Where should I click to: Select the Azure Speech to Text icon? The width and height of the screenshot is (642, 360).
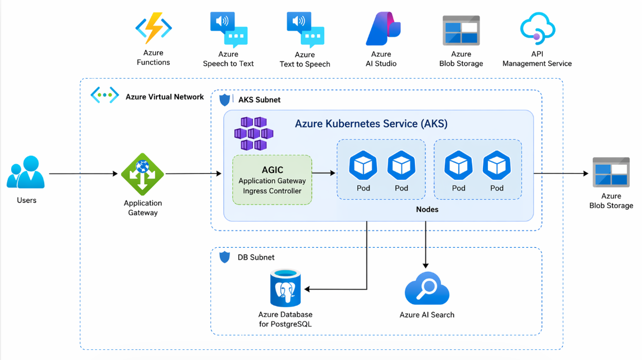point(228,30)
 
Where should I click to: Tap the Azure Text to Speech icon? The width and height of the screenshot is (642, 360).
point(305,30)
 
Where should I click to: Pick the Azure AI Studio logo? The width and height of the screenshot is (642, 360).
point(382,28)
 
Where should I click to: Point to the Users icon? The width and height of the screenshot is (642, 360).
point(26,172)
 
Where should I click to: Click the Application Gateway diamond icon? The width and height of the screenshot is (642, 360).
point(142,174)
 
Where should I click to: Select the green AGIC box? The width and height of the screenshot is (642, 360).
point(272,180)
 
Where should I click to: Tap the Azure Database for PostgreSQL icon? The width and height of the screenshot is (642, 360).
point(285,288)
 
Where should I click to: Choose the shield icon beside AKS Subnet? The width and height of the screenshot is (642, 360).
point(225,100)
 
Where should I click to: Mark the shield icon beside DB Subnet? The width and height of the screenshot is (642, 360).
point(225,257)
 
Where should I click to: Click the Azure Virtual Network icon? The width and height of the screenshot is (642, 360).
point(104,95)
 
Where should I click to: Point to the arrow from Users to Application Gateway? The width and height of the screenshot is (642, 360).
point(84,174)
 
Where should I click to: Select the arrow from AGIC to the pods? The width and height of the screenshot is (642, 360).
point(324,173)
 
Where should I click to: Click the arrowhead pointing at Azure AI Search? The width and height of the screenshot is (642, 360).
point(426,265)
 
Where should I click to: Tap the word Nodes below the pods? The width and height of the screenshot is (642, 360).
point(427,210)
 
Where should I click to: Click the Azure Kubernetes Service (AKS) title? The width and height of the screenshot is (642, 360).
point(371,124)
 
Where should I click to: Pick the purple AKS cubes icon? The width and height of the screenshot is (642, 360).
point(253,133)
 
